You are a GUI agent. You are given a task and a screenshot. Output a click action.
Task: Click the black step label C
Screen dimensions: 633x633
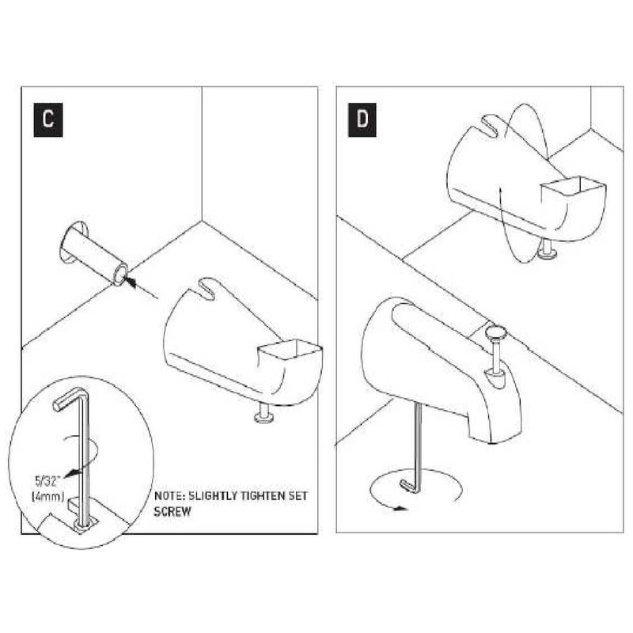48,120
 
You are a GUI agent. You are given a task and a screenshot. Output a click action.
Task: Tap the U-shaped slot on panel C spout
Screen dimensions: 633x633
207,286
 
